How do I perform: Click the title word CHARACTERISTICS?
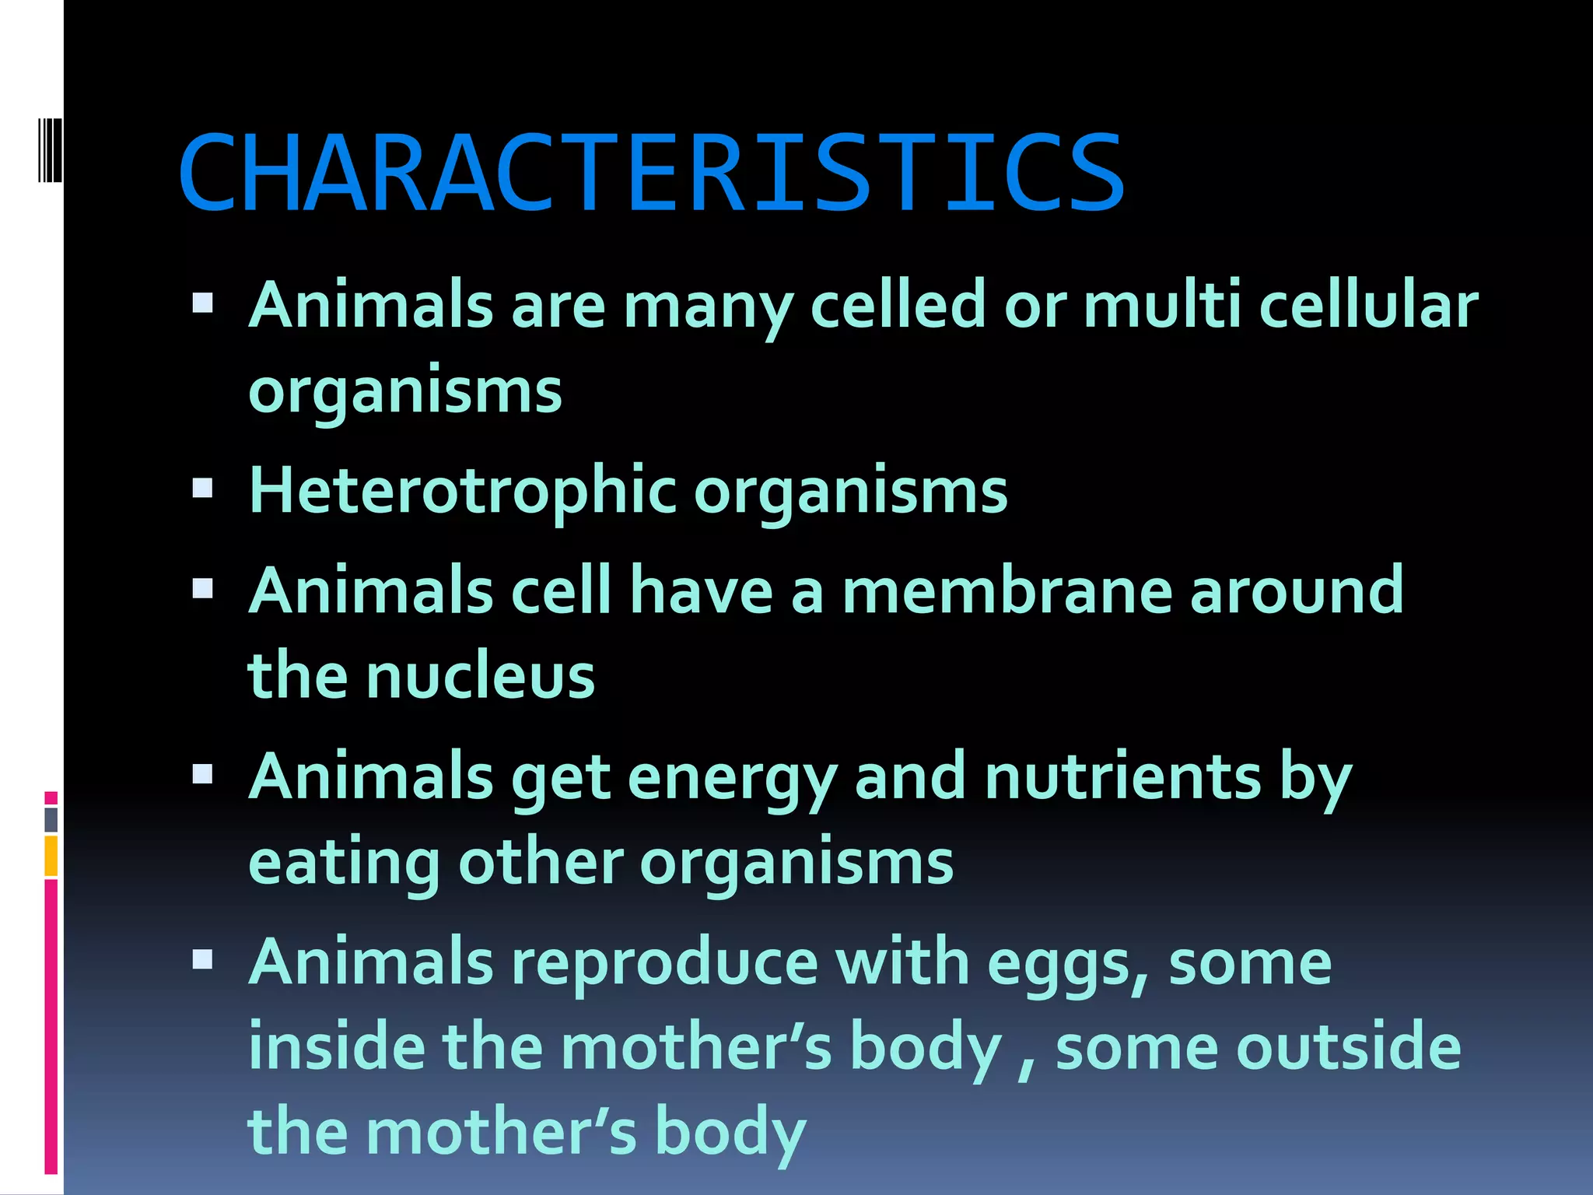pos(652,173)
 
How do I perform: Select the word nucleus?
pos(480,675)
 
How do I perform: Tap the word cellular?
pos(1368,305)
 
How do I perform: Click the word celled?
pos(898,305)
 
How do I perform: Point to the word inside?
pos(337,1047)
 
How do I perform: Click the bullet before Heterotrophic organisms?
pos(202,489)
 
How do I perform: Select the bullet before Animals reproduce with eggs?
pos(202,960)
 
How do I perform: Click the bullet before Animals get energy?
pos(202,774)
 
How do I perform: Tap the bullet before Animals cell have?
pos(202,588)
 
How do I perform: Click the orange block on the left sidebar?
pos(51,856)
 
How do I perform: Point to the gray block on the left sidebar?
pos(51,819)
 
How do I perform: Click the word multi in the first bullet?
pos(1162,305)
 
